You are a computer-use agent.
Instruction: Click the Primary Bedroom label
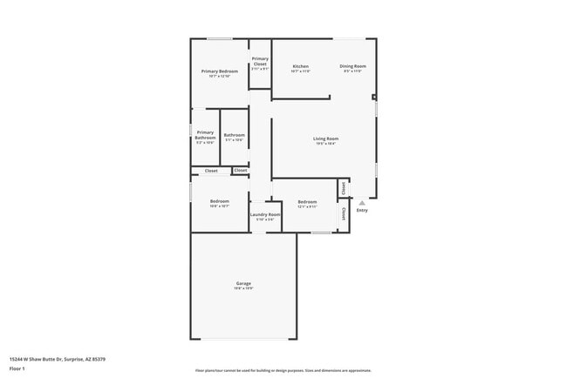click(220, 71)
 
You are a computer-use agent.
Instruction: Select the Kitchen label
click(301, 66)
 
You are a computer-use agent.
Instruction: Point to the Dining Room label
click(352, 66)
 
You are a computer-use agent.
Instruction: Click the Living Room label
click(326, 138)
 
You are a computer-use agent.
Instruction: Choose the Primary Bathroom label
click(205, 135)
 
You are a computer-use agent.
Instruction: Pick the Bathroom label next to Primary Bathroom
click(234, 135)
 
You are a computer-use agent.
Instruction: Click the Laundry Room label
click(265, 214)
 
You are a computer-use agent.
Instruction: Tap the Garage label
click(243, 283)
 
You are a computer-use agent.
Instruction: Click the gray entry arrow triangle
click(362, 203)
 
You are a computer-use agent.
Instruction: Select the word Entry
click(362, 210)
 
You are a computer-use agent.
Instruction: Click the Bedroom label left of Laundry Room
click(219, 201)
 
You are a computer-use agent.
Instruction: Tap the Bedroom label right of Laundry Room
click(307, 201)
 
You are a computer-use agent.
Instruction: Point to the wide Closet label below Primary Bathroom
click(211, 171)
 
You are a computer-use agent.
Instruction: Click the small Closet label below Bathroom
click(240, 170)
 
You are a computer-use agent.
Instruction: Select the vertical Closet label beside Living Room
click(344, 187)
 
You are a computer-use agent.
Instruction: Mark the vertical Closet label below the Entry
click(344, 213)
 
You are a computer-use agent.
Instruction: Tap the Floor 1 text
click(17, 368)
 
